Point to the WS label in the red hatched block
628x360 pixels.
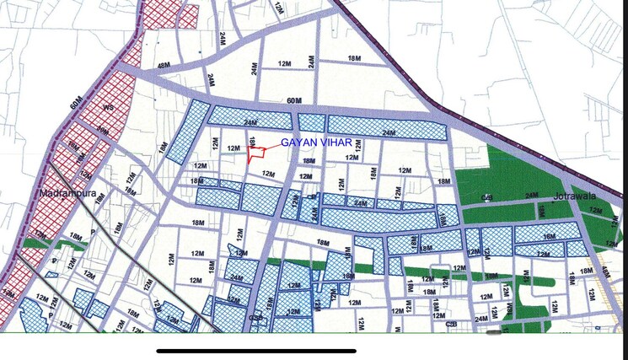pyautogui.click(x=108, y=109)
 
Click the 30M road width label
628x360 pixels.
pyautogui.click(x=102, y=131)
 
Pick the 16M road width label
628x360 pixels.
pyautogui.click(x=549, y=238)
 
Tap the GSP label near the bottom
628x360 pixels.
pyautogui.click(x=255, y=317)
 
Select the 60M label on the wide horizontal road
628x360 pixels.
pyautogui.click(x=294, y=102)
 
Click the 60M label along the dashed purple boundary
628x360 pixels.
pyautogui.click(x=77, y=103)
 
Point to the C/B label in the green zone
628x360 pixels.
pyautogui.click(x=487, y=197)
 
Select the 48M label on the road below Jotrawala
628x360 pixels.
pyautogui.click(x=604, y=274)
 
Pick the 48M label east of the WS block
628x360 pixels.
pyautogui.click(x=164, y=65)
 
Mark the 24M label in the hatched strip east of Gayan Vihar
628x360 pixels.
pyautogui.click(x=388, y=132)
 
